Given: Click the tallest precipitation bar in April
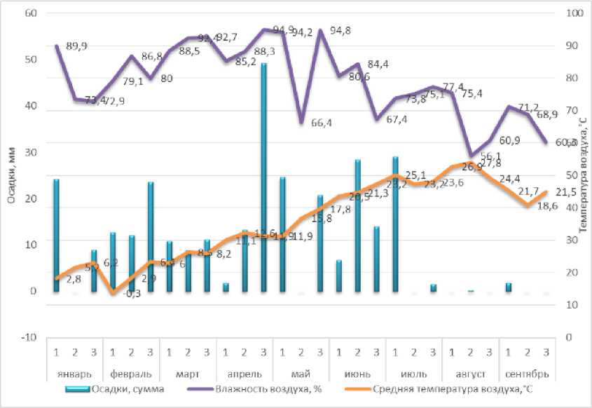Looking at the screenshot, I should pyautogui.click(x=263, y=175).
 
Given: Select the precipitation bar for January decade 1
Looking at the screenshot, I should pyautogui.click(x=56, y=235).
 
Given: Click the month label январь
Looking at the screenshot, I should pyautogui.click(x=74, y=372).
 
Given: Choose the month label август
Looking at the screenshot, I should pyautogui.click(x=471, y=372).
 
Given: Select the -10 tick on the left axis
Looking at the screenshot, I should pyautogui.click(x=28, y=337).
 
